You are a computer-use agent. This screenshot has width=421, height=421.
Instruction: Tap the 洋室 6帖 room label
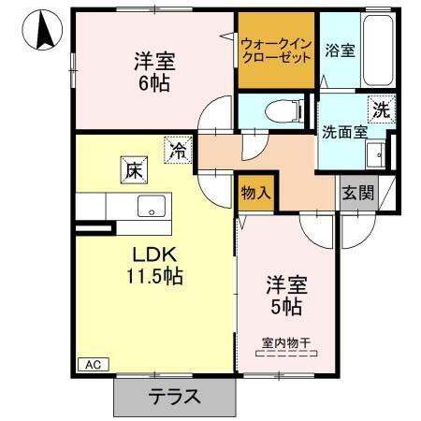coord(153,70)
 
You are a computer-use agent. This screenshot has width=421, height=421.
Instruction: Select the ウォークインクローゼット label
coord(276,49)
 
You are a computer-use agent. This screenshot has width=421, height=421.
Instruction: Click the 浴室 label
coord(338,50)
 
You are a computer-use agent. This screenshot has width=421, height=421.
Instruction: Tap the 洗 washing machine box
coord(381,109)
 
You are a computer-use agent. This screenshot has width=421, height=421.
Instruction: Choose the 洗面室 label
coord(343,132)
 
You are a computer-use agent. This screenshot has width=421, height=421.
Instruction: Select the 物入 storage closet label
coord(255,194)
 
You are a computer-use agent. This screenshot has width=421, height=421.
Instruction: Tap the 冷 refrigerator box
coord(177,148)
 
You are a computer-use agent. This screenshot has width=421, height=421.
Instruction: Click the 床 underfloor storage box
coord(133,171)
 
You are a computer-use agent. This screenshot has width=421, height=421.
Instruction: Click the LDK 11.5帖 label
coord(153,265)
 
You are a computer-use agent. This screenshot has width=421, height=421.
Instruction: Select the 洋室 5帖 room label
coord(287,294)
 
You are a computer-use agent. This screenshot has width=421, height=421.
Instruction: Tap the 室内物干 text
coord(287,341)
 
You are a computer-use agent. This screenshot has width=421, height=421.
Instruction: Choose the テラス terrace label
coord(174,396)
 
